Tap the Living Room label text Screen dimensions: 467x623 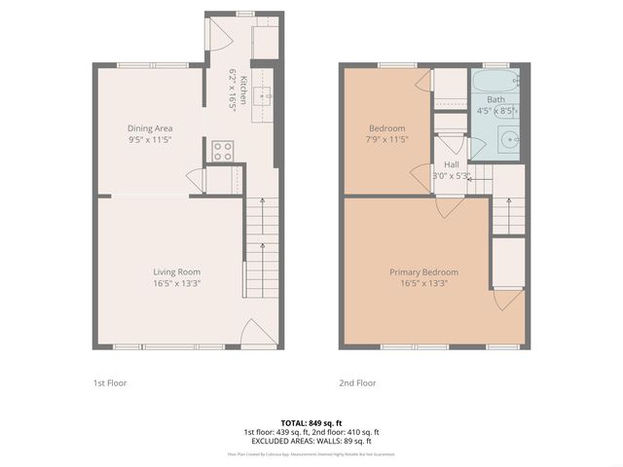click(x=176, y=271)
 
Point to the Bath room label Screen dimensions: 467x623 click(x=496, y=99)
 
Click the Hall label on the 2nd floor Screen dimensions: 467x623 click(x=452, y=165)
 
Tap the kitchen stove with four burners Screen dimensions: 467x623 click(x=223, y=151)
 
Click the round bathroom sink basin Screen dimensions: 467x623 click(x=510, y=138)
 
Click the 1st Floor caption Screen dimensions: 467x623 click(x=109, y=383)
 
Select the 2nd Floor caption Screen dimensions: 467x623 click(x=357, y=383)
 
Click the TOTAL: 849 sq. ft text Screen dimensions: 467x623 click(x=311, y=422)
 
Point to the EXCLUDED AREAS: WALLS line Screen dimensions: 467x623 click(x=311, y=441)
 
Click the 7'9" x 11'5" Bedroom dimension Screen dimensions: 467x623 click(x=387, y=139)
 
